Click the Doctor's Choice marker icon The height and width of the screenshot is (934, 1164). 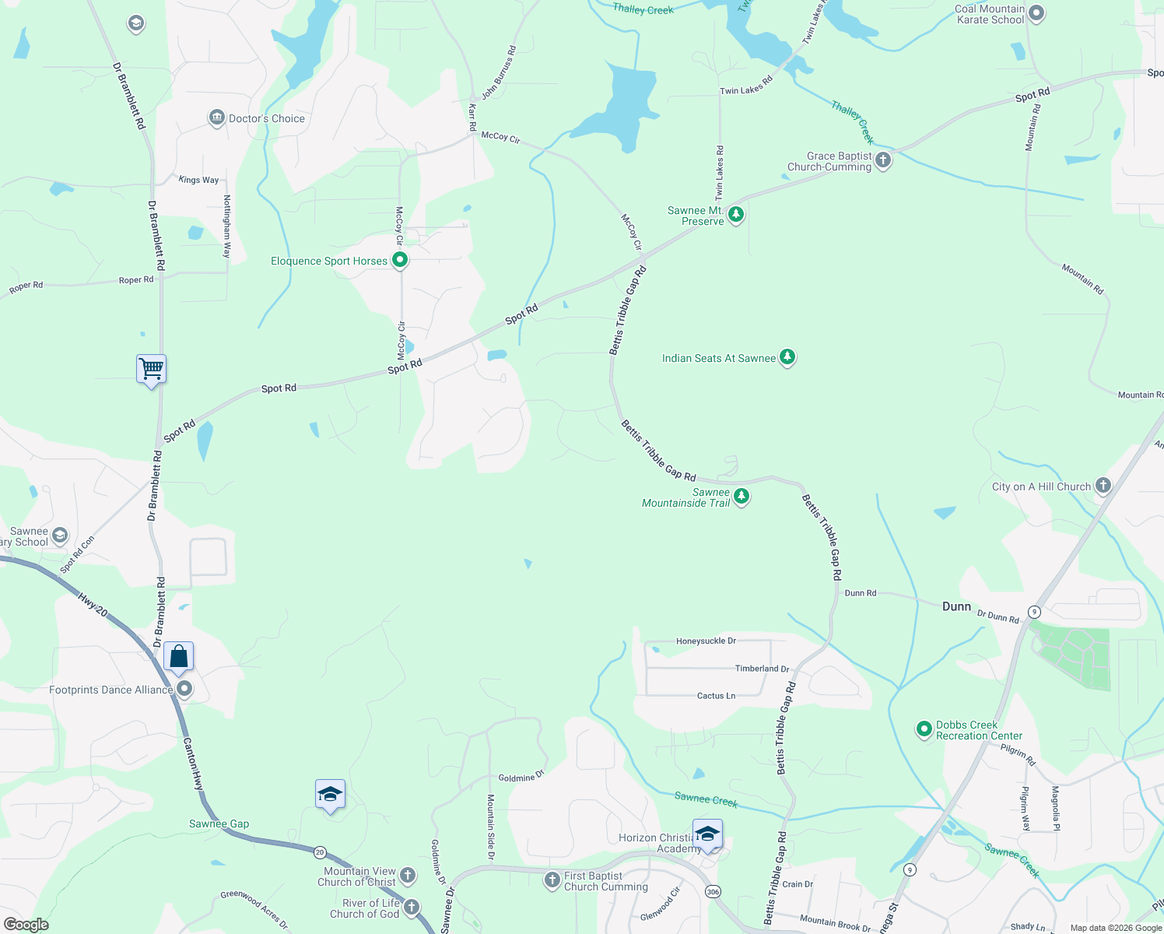pyautogui.click(x=216, y=118)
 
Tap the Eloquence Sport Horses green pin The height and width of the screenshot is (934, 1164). pyautogui.click(x=400, y=260)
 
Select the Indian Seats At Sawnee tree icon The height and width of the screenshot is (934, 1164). pyautogui.click(x=787, y=357)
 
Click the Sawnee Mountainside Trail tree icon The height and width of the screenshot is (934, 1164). pyautogui.click(x=742, y=496)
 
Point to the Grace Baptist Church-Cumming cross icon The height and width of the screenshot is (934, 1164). pyautogui.click(x=882, y=160)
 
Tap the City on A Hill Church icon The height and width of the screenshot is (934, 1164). pyautogui.click(x=1103, y=486)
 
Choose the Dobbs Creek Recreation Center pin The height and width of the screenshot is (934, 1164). pyautogui.click(x=924, y=729)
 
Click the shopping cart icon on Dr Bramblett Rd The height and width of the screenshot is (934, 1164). pyautogui.click(x=151, y=368)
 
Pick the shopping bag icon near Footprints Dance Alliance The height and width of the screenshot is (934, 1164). pyautogui.click(x=178, y=657)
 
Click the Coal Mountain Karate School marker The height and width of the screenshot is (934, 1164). pyautogui.click(x=1036, y=12)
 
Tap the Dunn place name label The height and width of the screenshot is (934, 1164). pyautogui.click(x=956, y=606)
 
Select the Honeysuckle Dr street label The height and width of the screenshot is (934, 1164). pyautogui.click(x=706, y=641)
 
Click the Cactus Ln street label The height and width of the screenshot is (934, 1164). pyautogui.click(x=716, y=696)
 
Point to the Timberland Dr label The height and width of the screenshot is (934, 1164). pyautogui.click(x=762, y=669)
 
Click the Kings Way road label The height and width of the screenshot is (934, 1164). pyautogui.click(x=198, y=180)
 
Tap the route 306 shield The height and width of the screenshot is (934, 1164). pyautogui.click(x=713, y=891)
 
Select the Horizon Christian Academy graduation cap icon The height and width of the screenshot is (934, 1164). pyautogui.click(x=707, y=834)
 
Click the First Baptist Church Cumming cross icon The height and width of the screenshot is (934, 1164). pyautogui.click(x=552, y=880)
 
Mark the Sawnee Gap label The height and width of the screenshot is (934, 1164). pyautogui.click(x=219, y=823)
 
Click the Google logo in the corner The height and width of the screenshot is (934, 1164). pyautogui.click(x=26, y=925)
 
